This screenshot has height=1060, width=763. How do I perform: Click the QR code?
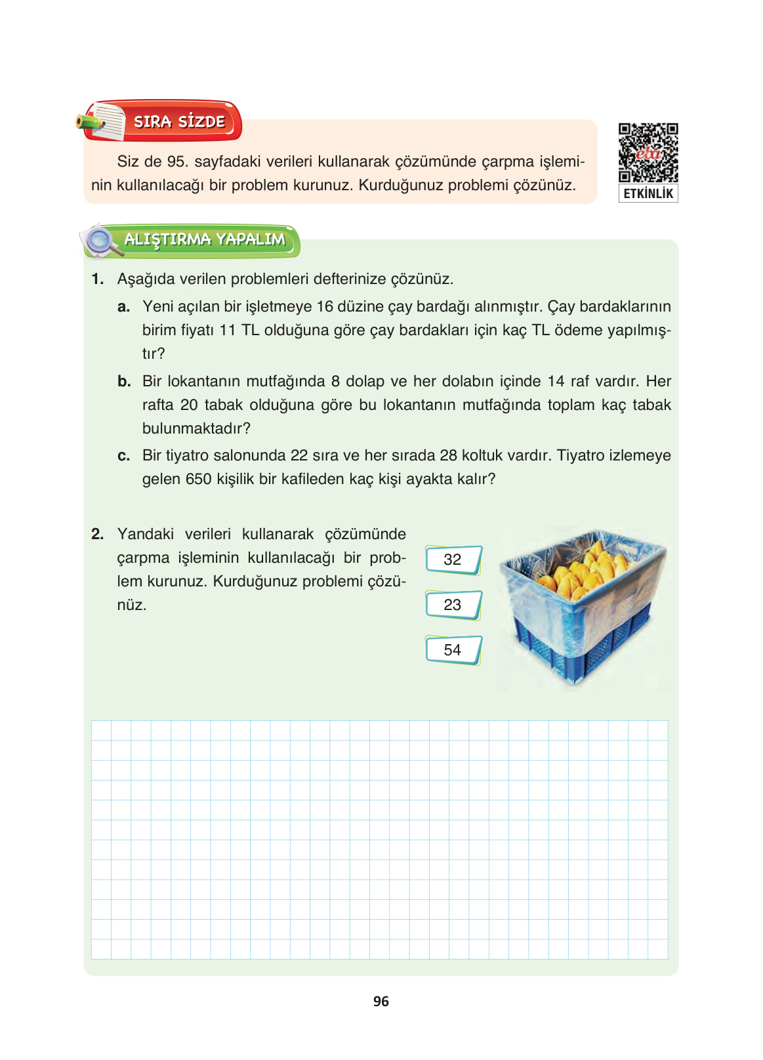coord(648,153)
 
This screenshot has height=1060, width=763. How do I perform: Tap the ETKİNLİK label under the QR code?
coord(648,194)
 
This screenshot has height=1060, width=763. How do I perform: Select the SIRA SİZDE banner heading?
coord(179,121)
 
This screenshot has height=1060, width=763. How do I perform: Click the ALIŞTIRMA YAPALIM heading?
coord(205,239)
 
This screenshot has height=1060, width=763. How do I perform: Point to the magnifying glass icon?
coord(100,241)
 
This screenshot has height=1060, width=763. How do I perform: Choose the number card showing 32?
coord(453,560)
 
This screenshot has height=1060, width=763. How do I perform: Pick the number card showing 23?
coord(453,605)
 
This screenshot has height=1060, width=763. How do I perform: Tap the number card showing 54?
coord(453,650)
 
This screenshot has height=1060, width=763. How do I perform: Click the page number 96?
coord(381,1002)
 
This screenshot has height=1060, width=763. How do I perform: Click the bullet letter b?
coord(124,382)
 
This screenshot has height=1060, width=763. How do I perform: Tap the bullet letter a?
coord(123,307)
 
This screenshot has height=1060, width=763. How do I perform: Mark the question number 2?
coord(97,535)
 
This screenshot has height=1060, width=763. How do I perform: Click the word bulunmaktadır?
coord(196,429)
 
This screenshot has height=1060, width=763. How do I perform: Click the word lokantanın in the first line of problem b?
coord(204,382)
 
